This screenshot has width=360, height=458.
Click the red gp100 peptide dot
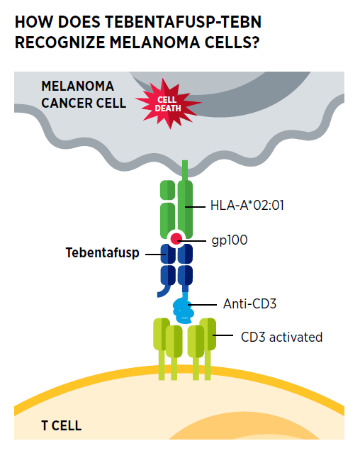click(x=176, y=239)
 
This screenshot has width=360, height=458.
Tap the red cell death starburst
click(x=168, y=103)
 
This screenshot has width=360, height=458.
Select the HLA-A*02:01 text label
click(x=247, y=206)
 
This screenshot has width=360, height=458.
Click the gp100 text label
click(x=230, y=240)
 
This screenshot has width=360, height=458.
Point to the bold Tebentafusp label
click(x=103, y=253)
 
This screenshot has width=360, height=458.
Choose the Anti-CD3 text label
click(x=249, y=303)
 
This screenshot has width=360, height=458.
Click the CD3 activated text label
click(x=282, y=337)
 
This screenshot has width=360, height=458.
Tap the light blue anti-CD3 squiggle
click(x=183, y=309)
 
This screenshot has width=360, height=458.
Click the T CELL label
click(x=62, y=425)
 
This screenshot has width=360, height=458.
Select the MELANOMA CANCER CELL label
click(x=84, y=94)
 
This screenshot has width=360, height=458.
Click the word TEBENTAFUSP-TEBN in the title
click(x=183, y=22)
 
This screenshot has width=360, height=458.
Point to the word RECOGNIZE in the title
click(x=60, y=43)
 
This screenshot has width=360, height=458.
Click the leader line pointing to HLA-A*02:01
click(x=195, y=207)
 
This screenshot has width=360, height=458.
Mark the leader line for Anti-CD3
click(x=203, y=305)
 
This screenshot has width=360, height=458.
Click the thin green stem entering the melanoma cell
click(x=185, y=170)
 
